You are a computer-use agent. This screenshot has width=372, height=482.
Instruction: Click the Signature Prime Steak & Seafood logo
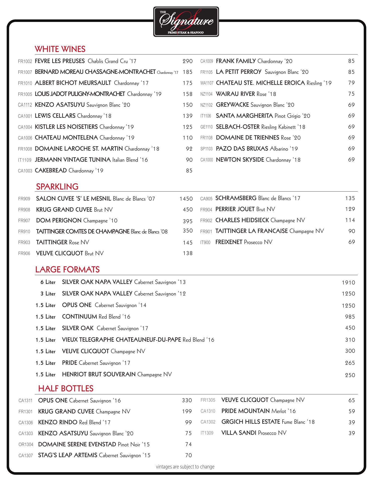(x=186, y=22)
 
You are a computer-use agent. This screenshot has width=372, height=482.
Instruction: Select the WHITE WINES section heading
(x=60, y=49)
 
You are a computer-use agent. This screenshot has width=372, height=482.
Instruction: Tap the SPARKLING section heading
(x=57, y=187)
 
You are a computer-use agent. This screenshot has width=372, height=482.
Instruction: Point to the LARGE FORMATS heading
(x=67, y=270)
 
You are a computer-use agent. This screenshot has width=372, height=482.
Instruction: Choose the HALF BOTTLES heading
(x=66, y=389)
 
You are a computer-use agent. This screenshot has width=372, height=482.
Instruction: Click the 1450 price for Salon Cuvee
(x=186, y=199)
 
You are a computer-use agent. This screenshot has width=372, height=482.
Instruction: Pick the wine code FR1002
(x=25, y=62)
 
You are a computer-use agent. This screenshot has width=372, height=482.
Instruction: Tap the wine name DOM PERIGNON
(x=59, y=221)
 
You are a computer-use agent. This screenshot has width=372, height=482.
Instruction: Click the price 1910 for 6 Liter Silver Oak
(x=348, y=283)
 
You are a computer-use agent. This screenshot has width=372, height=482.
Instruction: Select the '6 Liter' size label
(x=48, y=282)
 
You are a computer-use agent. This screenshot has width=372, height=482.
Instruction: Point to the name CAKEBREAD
(x=51, y=171)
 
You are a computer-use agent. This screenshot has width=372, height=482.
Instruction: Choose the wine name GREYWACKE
(x=232, y=105)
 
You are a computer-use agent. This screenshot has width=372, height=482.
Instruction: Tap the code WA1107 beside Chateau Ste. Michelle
(x=207, y=83)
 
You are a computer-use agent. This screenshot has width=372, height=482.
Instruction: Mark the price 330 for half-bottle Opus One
(x=187, y=400)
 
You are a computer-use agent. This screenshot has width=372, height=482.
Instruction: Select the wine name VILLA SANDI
(x=239, y=433)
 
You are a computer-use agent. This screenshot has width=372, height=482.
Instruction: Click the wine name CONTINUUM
(x=79, y=317)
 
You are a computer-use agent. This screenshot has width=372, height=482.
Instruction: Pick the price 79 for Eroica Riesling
(x=351, y=83)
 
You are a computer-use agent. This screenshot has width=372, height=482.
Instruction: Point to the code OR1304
(x=26, y=445)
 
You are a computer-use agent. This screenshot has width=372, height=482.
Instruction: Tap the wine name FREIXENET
(x=229, y=242)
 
